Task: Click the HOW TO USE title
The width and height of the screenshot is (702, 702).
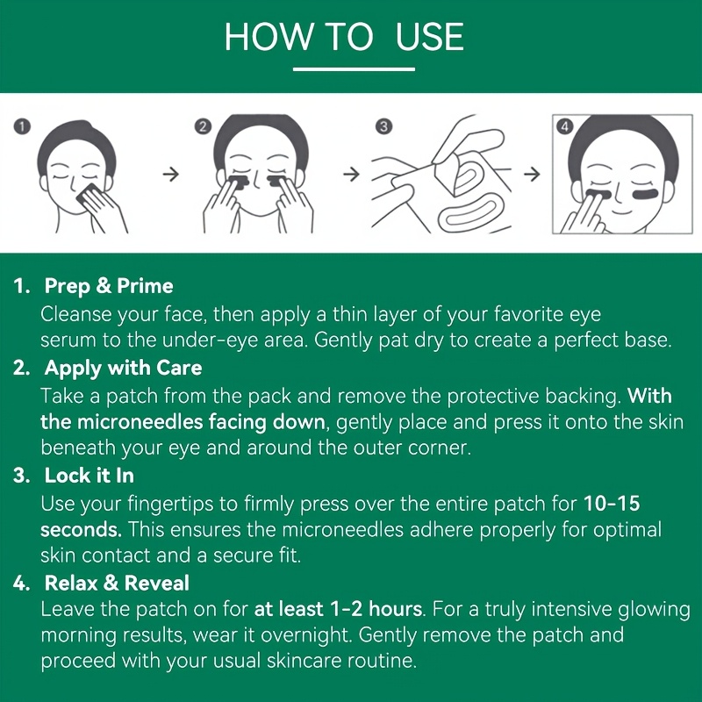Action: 344,36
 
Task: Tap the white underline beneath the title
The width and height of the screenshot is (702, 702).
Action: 354,69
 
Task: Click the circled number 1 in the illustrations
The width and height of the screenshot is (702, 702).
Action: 22,126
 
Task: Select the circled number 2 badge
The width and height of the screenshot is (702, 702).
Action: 203,126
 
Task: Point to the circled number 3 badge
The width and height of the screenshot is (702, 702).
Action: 383,126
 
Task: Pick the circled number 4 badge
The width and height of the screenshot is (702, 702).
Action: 564,126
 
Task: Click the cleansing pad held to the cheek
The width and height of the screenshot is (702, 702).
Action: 87,194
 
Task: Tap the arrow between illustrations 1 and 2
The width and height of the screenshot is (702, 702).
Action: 170,174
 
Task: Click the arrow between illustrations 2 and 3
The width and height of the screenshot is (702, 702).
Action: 352,174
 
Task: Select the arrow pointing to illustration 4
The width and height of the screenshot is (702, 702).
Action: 532,174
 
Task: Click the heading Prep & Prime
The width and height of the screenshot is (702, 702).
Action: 109,286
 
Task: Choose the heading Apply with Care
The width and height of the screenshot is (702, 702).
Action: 123,368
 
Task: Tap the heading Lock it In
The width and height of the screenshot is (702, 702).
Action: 90,476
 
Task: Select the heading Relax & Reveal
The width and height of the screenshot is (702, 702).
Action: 117,583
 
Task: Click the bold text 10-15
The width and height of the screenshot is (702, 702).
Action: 612,503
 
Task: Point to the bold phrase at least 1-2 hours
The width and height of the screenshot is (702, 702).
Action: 338,609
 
